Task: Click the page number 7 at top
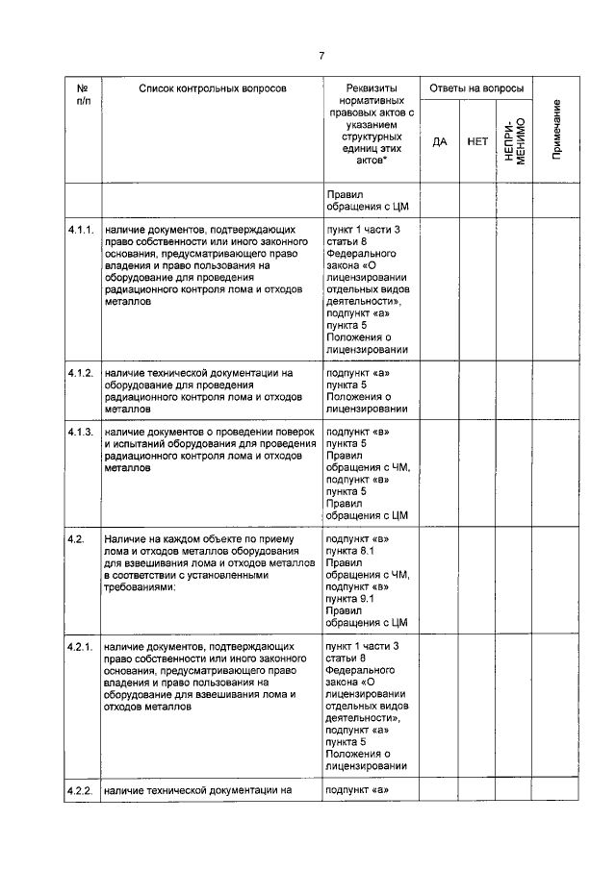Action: [321, 55]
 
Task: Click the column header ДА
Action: [440, 141]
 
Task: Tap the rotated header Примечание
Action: [557, 131]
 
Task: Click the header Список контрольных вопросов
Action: [212, 88]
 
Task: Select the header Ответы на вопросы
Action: [476, 88]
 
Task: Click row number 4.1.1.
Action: [81, 232]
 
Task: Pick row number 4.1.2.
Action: [81, 372]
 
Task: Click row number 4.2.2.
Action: [81, 791]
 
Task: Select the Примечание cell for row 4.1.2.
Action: [557, 389]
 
